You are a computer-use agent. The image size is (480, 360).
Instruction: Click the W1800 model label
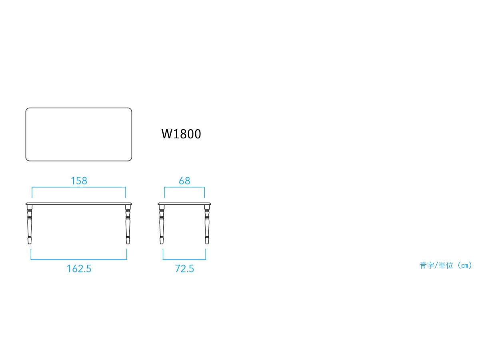click(181, 134)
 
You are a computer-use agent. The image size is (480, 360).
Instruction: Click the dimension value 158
click(79, 181)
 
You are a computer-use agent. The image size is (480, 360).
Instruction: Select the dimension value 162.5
click(79, 269)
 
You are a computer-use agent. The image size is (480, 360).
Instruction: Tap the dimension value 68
click(184, 181)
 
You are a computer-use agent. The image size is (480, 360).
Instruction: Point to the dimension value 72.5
click(184, 269)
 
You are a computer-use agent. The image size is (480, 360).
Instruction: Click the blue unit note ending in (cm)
click(446, 265)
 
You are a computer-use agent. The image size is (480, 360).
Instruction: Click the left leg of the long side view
click(30, 224)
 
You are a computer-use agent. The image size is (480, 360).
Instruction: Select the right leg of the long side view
click(128, 224)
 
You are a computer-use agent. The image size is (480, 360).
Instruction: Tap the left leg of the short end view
click(162, 224)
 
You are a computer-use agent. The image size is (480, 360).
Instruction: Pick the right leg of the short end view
click(207, 224)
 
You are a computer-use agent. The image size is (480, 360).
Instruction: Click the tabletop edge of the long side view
click(79, 204)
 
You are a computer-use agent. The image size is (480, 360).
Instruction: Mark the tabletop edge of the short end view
click(184, 204)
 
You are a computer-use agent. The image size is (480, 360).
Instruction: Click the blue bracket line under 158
click(79, 187)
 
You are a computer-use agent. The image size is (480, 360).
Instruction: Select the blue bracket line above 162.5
click(79, 260)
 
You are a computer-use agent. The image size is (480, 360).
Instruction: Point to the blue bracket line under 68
click(184, 187)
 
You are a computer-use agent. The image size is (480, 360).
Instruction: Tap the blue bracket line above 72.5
click(184, 260)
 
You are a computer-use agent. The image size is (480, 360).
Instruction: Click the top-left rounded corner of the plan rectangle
click(27, 109)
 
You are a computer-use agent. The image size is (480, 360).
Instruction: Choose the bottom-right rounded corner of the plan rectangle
click(130, 160)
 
